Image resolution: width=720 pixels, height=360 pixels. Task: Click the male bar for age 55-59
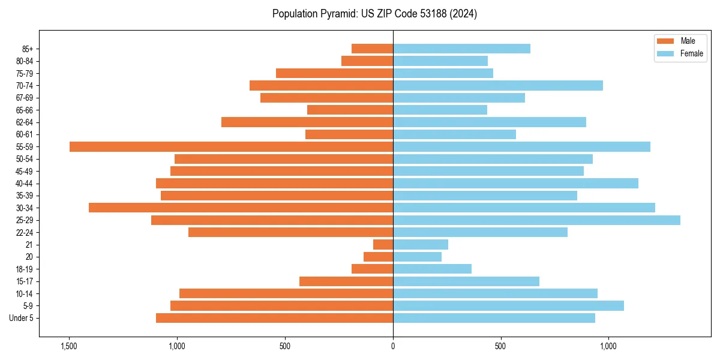tap(231, 146)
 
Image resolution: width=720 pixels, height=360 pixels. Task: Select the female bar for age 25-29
tap(536, 220)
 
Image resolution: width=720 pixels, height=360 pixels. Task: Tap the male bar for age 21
tap(383, 245)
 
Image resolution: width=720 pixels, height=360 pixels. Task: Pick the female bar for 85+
tap(461, 49)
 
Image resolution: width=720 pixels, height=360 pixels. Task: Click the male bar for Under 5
tap(274, 318)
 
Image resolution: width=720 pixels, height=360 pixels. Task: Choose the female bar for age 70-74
tap(498, 85)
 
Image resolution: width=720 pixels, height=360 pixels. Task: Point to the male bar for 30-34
tap(241, 208)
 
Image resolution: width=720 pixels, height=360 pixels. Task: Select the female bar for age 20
tap(417, 257)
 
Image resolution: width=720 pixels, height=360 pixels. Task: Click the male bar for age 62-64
tap(307, 122)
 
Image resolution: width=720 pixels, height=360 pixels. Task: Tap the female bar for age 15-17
tap(466, 281)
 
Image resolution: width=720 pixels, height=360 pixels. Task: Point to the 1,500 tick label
tap(69, 346)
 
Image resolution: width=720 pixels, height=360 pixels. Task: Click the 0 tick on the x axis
tap(393, 346)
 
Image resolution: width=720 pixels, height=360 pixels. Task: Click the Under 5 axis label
tap(22, 318)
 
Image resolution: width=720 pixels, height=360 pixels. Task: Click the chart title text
tap(374, 14)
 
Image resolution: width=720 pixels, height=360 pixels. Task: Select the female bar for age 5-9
tap(508, 306)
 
